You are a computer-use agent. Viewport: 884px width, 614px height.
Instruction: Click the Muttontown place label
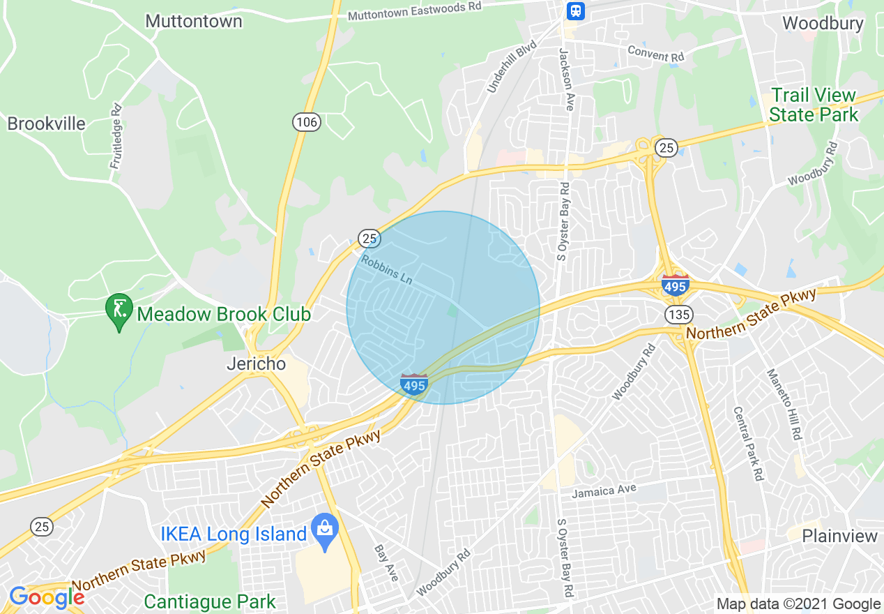click(x=194, y=21)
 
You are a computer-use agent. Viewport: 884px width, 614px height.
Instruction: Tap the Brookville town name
click(x=46, y=124)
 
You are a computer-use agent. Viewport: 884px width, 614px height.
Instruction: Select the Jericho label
click(x=257, y=364)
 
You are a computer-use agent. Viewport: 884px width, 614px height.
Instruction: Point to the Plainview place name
click(x=839, y=536)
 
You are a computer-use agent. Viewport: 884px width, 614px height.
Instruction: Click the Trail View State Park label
click(x=814, y=105)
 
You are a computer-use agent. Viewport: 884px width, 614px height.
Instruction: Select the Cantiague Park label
click(x=209, y=601)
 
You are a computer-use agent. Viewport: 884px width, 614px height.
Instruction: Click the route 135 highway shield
click(x=678, y=314)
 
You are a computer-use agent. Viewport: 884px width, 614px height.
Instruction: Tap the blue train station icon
click(x=576, y=10)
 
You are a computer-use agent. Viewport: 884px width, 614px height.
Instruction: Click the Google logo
click(x=47, y=597)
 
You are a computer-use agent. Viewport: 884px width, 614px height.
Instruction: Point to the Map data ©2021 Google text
click(x=799, y=604)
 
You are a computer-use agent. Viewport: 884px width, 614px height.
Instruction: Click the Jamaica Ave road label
click(x=604, y=491)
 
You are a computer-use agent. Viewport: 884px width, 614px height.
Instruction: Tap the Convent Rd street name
click(x=656, y=52)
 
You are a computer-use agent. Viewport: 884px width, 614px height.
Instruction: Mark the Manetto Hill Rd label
click(x=784, y=404)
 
